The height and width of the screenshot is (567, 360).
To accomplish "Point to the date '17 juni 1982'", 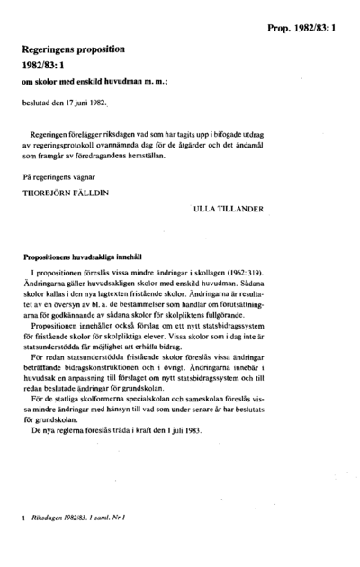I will (x=86, y=103).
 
